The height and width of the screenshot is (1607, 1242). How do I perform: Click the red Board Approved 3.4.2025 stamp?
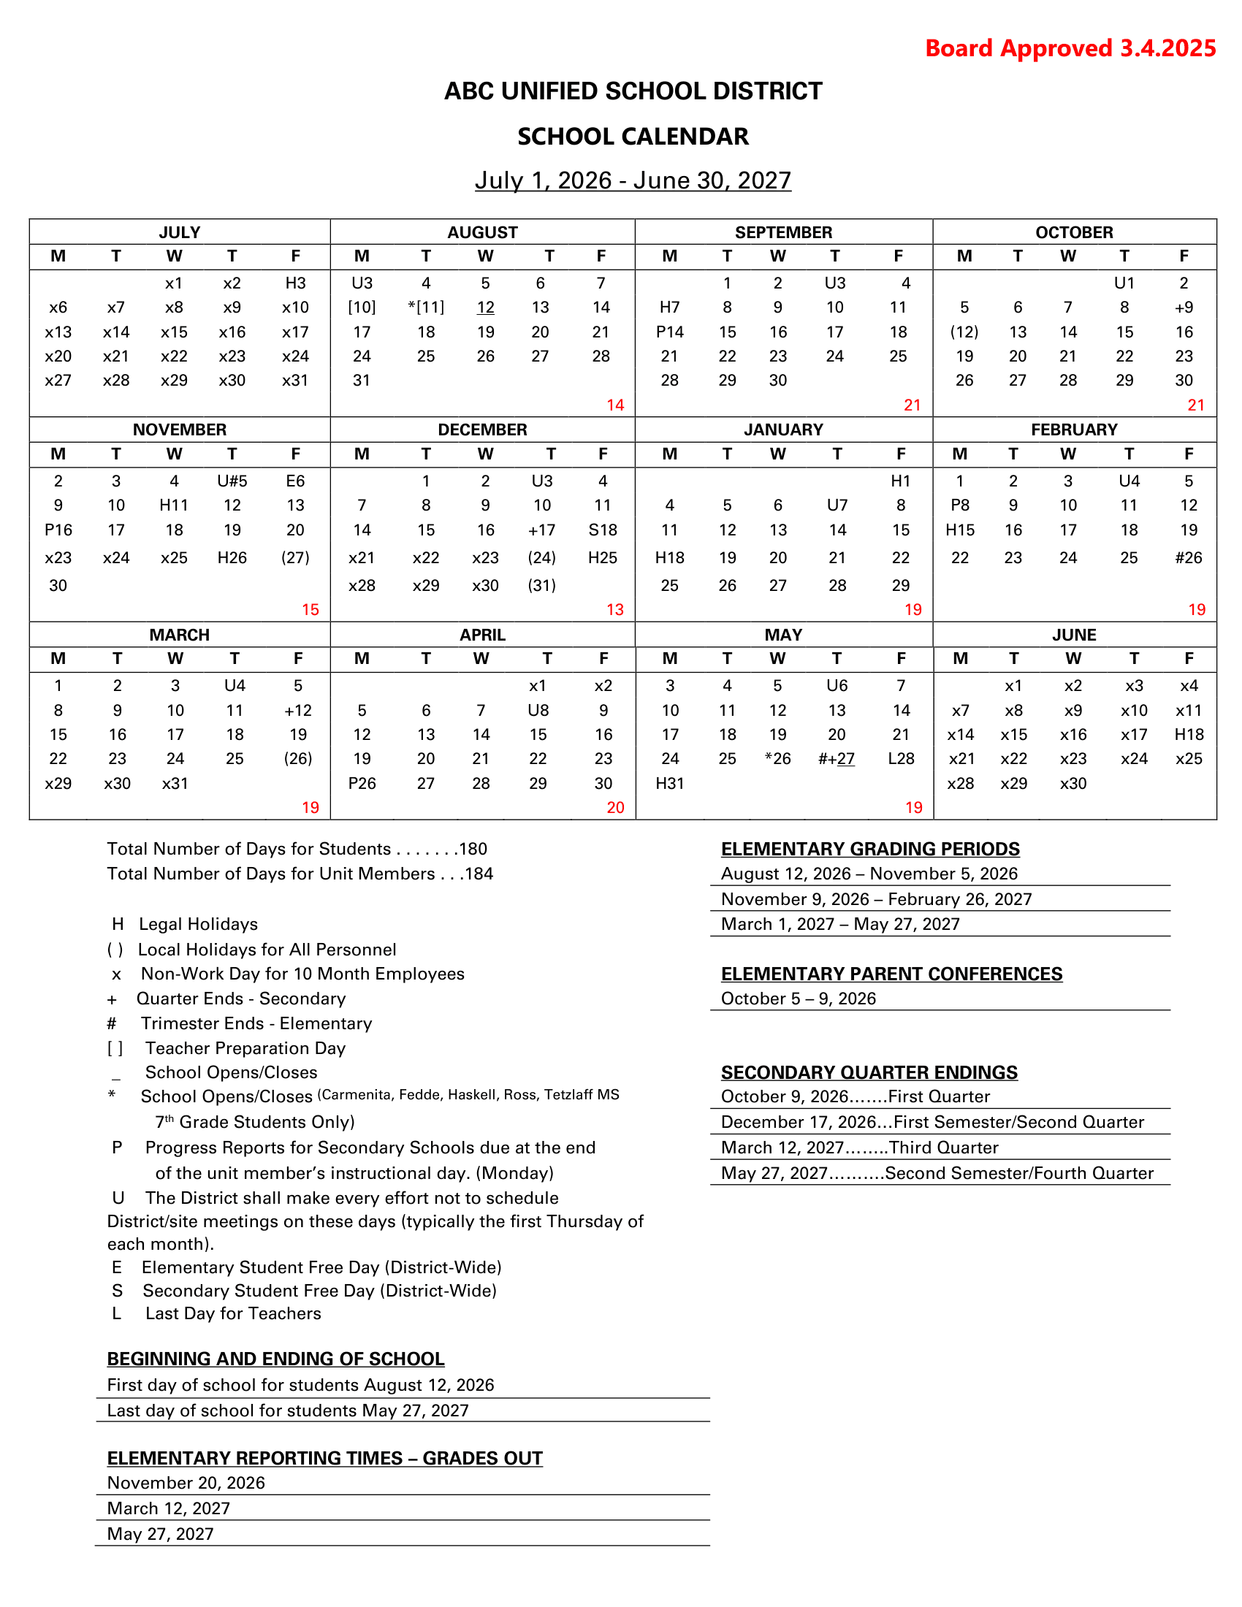pyautogui.click(x=1070, y=48)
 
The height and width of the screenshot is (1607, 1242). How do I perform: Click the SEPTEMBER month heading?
pyautogui.click(x=783, y=232)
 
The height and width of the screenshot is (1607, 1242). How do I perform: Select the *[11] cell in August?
pyautogui.click(x=426, y=308)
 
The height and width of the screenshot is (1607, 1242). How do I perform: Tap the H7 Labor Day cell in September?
pyautogui.click(x=669, y=308)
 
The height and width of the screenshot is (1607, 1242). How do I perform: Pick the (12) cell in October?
pyautogui.click(x=964, y=332)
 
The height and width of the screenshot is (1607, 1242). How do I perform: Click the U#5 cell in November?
pyautogui.click(x=232, y=481)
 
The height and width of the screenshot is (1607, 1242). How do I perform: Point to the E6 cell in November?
pyautogui.click(x=295, y=481)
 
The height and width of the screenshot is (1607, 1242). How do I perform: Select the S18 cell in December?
pyautogui.click(x=603, y=530)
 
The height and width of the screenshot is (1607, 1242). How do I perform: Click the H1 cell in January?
pyautogui.click(x=901, y=481)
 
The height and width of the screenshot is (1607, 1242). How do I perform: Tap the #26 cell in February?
pyautogui.click(x=1188, y=558)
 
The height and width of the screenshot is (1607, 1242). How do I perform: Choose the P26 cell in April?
pyautogui.click(x=362, y=784)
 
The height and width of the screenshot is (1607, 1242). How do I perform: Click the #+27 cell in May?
pyautogui.click(x=837, y=759)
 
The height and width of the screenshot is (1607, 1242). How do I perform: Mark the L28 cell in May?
pyautogui.click(x=901, y=759)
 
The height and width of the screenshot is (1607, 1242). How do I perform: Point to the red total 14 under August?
pyautogui.click(x=615, y=405)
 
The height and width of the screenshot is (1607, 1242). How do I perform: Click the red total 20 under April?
pyautogui.click(x=615, y=808)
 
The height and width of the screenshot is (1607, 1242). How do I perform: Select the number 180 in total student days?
pyautogui.click(x=473, y=849)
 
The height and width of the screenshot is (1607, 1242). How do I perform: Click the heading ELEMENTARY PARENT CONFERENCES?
pyautogui.click(x=891, y=974)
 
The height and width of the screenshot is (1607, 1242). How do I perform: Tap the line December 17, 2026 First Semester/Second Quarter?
pyautogui.click(x=932, y=1122)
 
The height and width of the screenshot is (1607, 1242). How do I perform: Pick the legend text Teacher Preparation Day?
pyautogui.click(x=245, y=1048)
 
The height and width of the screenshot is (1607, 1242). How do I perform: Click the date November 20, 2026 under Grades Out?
pyautogui.click(x=186, y=1484)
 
